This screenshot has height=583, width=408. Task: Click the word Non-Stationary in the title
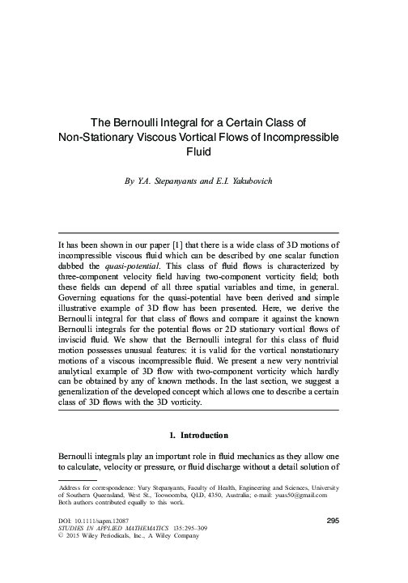(94, 137)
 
